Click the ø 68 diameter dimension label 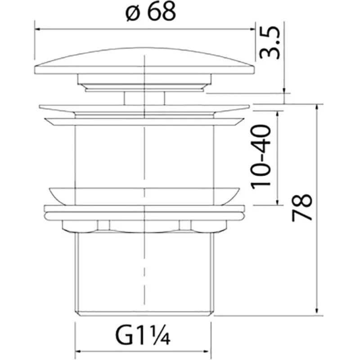tap(151, 12)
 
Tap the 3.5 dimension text tap(269, 43)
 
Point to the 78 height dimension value tap(302, 208)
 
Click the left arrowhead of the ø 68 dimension tap(38, 29)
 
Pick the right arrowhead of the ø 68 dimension tap(252, 29)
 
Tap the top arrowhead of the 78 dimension tap(317, 107)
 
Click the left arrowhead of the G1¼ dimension tap(78, 351)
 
